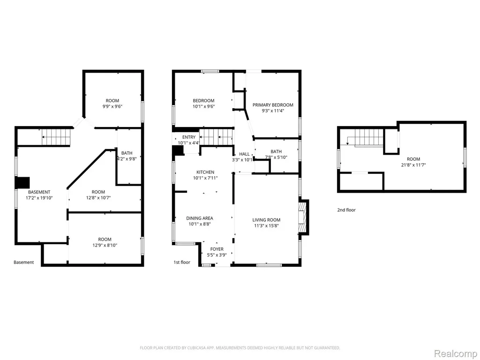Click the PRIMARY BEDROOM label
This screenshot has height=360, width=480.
click(x=273, y=105)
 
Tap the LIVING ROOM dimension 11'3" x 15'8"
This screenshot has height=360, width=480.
click(x=266, y=226)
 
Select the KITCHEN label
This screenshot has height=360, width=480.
click(x=205, y=172)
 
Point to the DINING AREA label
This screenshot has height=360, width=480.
click(x=200, y=218)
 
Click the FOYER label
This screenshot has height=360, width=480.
click(x=217, y=249)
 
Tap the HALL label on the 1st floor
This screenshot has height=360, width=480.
click(x=244, y=154)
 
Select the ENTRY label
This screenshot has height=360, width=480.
click(x=188, y=137)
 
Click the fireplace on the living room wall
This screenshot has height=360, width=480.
click(x=303, y=217)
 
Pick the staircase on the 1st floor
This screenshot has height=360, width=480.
click(x=216, y=137)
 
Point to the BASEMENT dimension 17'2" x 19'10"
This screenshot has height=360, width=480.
click(x=39, y=198)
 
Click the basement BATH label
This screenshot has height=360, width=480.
click(x=127, y=153)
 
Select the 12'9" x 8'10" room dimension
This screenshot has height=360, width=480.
click(x=105, y=245)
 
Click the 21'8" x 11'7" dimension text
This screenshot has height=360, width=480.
click(x=413, y=165)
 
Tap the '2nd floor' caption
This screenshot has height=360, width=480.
click(x=346, y=210)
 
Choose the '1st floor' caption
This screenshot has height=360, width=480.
click(x=182, y=262)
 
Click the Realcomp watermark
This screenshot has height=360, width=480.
click(x=455, y=353)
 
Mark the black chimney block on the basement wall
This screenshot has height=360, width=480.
click(x=22, y=182)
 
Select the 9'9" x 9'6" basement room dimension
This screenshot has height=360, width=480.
click(x=112, y=106)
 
